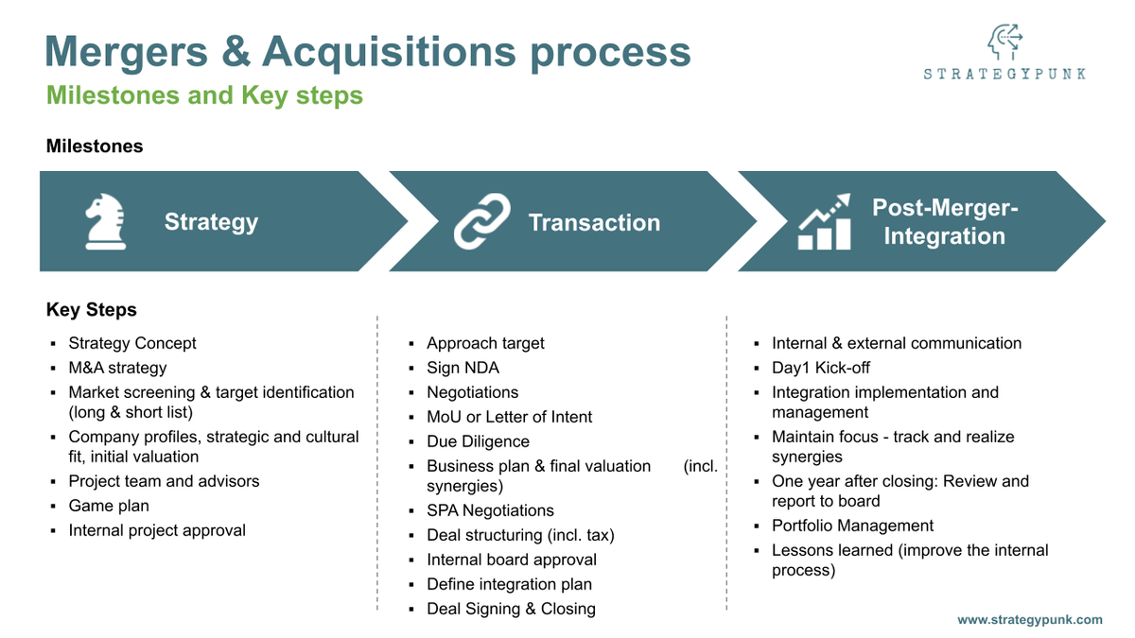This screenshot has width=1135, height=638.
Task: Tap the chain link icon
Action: [481, 221]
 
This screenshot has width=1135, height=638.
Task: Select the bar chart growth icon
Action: [825, 222]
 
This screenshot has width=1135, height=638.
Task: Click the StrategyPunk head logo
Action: [1004, 43]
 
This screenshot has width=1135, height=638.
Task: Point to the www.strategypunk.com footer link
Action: [1029, 620]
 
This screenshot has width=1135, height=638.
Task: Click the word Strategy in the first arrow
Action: [211, 222]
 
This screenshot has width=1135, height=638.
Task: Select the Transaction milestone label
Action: [594, 223]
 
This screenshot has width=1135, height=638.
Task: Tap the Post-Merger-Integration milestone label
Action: [944, 222]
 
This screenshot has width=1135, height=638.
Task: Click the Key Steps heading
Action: [92, 310]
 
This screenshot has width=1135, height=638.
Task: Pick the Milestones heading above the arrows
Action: [95, 147]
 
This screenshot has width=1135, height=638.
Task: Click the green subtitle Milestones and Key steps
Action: [204, 95]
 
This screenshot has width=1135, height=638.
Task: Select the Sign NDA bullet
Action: [463, 368]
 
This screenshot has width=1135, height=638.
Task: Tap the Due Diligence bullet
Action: [478, 441]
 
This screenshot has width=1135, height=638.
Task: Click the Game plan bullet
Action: [109, 506]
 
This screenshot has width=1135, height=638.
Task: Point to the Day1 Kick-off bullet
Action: [820, 368]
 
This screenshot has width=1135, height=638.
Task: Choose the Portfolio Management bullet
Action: [852, 526]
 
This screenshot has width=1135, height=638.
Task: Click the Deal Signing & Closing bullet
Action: [511, 609]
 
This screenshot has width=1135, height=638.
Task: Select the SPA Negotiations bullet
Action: [490, 510]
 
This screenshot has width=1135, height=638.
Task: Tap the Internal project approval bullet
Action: [157, 530]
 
